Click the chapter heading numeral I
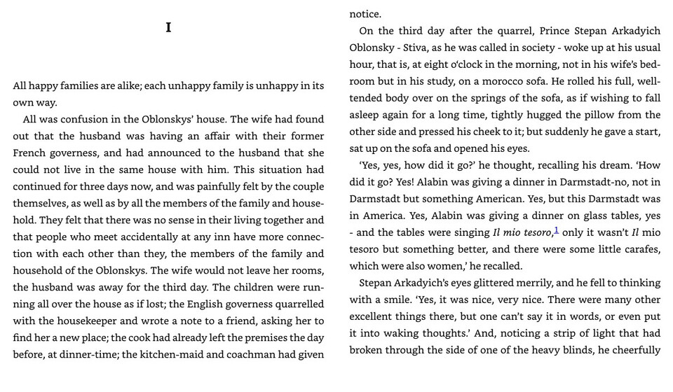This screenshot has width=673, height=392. [168, 28]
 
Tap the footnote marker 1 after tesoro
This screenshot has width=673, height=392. [557, 230]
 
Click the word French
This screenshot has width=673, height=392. [31, 153]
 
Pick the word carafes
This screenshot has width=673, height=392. [640, 249]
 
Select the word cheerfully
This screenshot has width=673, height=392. [634, 350]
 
